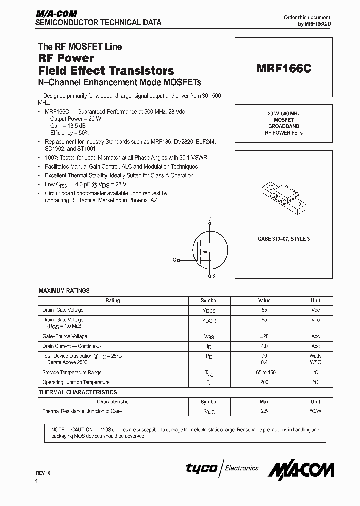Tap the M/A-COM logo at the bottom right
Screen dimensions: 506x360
point(301,469)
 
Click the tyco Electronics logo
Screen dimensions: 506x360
point(222,468)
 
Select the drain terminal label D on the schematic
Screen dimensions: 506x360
point(210,219)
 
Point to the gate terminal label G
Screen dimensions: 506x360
point(175,260)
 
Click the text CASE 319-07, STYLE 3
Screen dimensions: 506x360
point(284,239)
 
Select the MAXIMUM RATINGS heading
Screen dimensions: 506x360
point(64,290)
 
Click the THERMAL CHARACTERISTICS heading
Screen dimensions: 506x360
point(78,392)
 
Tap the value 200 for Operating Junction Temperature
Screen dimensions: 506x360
point(264,382)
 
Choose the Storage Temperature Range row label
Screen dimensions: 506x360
point(72,373)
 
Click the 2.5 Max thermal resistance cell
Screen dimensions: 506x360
point(264,411)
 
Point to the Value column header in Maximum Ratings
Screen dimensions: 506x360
point(264,301)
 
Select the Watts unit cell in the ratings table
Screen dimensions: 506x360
point(315,356)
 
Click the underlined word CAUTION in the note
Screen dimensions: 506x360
point(82,429)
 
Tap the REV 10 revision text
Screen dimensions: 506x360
point(43,473)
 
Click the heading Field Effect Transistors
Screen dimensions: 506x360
point(106,70)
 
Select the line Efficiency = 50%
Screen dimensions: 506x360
point(70,133)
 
